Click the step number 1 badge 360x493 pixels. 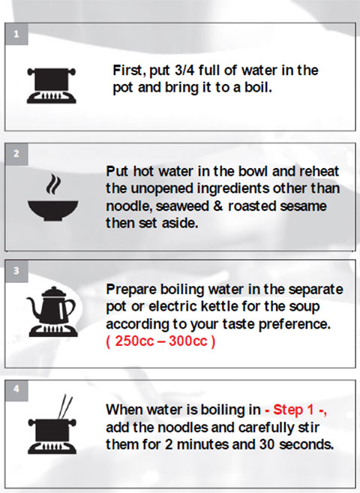point(16,34)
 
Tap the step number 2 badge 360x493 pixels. point(16,154)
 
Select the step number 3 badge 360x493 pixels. point(16,271)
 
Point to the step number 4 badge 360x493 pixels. point(16,390)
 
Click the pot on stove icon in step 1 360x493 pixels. point(52,86)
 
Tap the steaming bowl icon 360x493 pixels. point(52,197)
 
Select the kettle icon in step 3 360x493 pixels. point(52,311)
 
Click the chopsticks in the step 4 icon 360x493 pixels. point(65,407)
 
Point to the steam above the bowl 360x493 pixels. point(52,185)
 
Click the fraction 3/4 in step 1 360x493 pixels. point(184,71)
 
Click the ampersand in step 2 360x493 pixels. point(218,206)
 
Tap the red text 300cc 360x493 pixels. point(187,341)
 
